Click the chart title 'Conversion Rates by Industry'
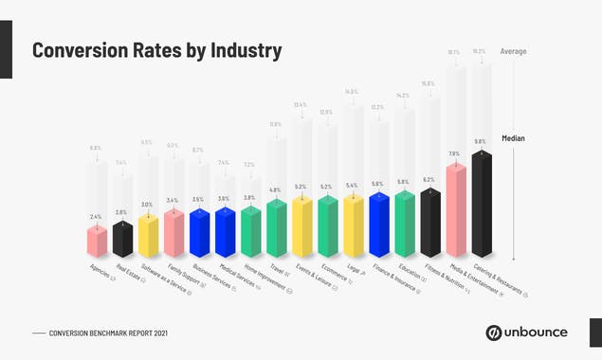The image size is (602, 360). (x=156, y=51)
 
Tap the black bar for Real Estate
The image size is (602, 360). (x=122, y=238)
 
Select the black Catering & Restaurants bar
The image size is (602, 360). (x=482, y=204)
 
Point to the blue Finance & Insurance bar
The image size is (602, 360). (x=379, y=225)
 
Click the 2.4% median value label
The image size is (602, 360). (x=96, y=217)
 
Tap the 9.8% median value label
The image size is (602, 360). (x=481, y=141)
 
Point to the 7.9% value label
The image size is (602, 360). (x=454, y=153)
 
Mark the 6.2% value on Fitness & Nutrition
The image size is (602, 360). (x=429, y=179)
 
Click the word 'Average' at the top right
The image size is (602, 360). (x=513, y=51)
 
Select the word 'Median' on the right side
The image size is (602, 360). (x=513, y=138)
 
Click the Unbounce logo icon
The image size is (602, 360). (x=494, y=333)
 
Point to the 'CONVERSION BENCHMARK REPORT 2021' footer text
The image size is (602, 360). (x=109, y=333)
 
